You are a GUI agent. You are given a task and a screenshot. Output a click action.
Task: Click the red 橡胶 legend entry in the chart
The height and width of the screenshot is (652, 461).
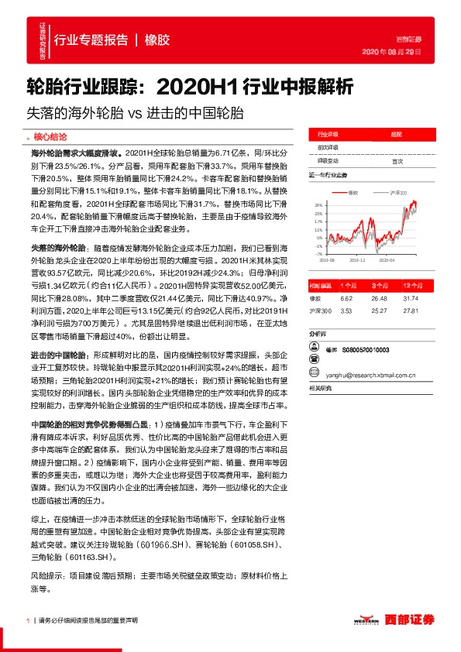(357, 191)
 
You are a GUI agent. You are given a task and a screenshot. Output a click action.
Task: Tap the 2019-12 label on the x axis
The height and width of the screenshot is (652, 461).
(359, 261)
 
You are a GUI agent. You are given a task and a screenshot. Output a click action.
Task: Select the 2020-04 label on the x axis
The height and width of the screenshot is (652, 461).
(397, 261)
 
